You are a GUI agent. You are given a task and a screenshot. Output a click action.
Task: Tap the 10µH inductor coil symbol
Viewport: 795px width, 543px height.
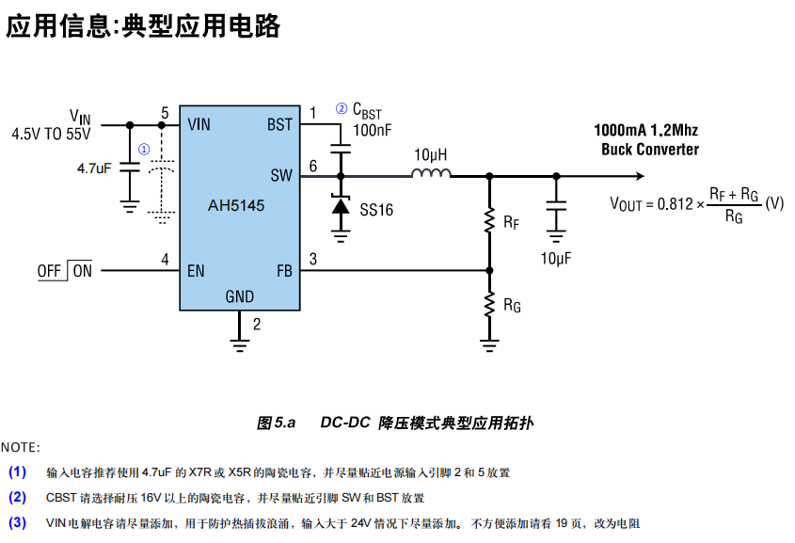pyautogui.click(x=431, y=173)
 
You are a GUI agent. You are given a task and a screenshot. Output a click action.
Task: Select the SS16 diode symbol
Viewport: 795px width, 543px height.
pyautogui.click(x=340, y=208)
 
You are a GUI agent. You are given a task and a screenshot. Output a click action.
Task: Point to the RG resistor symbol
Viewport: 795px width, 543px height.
pyautogui.click(x=489, y=303)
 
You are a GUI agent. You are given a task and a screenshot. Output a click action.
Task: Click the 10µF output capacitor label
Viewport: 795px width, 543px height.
pyautogui.click(x=555, y=257)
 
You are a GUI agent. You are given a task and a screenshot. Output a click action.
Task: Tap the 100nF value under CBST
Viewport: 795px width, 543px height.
pyautogui.click(x=372, y=131)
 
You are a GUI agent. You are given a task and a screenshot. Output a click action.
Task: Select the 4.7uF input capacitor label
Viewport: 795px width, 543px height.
pyautogui.click(x=94, y=168)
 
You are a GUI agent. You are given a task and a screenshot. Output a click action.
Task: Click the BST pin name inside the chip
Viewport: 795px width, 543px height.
pyautogui.click(x=279, y=124)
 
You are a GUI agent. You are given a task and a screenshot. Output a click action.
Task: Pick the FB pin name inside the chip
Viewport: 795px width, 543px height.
pyautogui.click(x=283, y=271)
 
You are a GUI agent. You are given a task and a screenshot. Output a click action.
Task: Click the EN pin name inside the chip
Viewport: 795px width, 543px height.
pyautogui.click(x=196, y=271)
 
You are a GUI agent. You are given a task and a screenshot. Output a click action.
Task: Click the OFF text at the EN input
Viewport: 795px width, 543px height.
pyautogui.click(x=49, y=271)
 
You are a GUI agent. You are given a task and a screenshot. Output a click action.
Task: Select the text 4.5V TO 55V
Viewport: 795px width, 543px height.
pyautogui.click(x=51, y=134)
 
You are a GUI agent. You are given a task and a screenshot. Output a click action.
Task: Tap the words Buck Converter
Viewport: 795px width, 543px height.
pyautogui.click(x=650, y=150)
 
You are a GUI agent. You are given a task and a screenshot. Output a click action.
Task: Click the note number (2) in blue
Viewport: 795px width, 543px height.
pyautogui.click(x=18, y=497)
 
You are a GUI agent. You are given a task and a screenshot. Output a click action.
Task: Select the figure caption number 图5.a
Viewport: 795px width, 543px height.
pyautogui.click(x=276, y=423)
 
